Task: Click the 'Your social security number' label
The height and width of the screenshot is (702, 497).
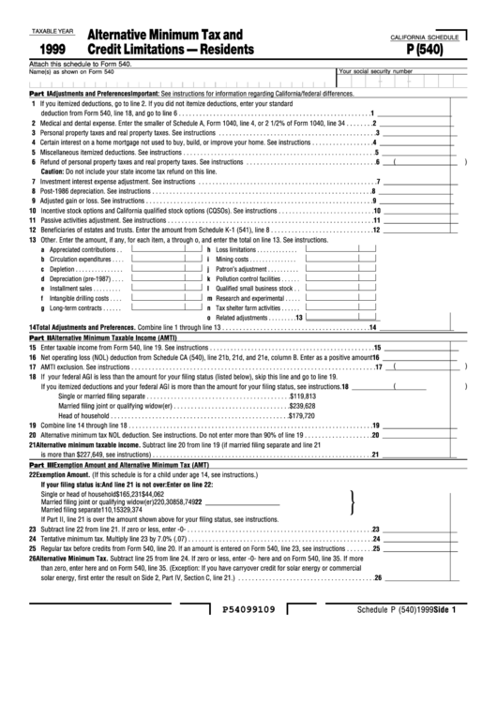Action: pyautogui.click(x=375, y=70)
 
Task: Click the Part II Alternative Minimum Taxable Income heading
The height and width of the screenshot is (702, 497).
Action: pyautogui.click(x=103, y=336)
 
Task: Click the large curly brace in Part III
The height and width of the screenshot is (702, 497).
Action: pyautogui.click(x=351, y=503)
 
